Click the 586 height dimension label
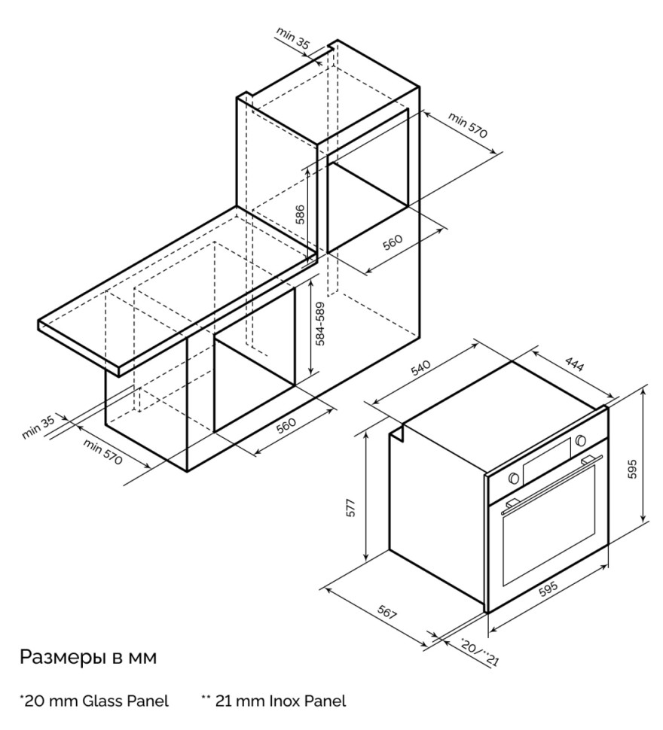click(300, 214)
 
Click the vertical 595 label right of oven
click(633, 468)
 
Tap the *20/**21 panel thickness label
click(479, 652)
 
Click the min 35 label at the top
click(293, 39)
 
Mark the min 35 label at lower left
click(40, 427)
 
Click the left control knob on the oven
click(513, 478)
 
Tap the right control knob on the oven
click(580, 440)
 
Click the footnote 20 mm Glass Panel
click(94, 701)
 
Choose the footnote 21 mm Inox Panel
click(273, 701)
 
